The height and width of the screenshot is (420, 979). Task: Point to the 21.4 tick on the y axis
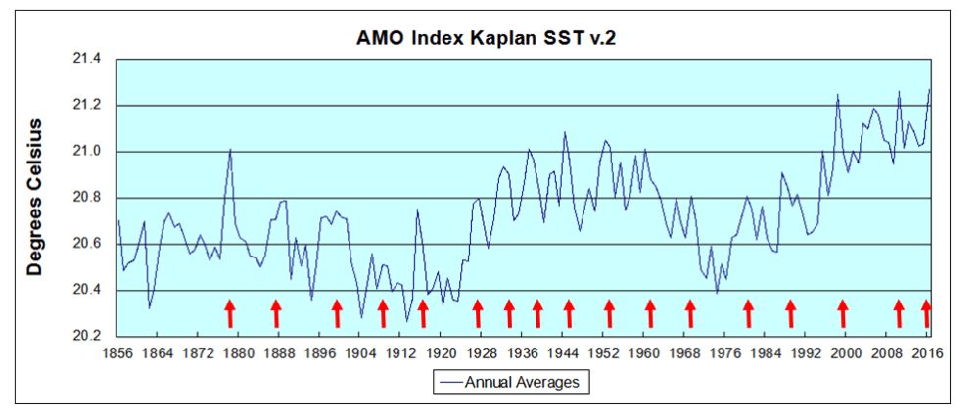click(x=87, y=59)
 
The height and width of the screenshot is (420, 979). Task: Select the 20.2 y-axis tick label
click(x=87, y=337)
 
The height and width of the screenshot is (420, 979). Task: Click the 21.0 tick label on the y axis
click(x=87, y=152)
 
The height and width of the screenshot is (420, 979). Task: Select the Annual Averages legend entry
click(x=513, y=382)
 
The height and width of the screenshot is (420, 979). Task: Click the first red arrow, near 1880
click(x=230, y=313)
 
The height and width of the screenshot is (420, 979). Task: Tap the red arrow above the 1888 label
click(x=276, y=313)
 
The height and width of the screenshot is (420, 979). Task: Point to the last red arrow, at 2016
click(x=926, y=313)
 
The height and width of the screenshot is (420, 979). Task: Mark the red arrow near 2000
click(x=842, y=313)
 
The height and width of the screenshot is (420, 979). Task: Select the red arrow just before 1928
click(x=478, y=313)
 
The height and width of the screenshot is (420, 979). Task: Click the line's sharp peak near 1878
click(x=230, y=149)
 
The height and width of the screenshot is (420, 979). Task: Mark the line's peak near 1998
click(x=838, y=94)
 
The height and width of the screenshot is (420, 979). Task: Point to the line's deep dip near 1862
click(x=149, y=307)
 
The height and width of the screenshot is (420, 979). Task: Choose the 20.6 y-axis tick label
click(x=87, y=244)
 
